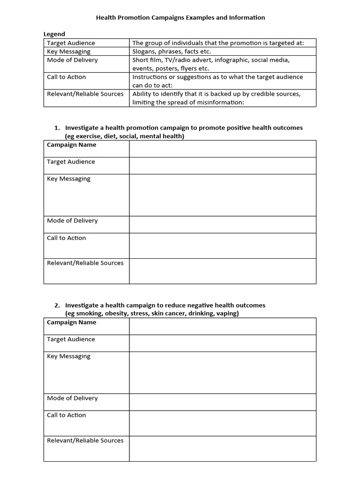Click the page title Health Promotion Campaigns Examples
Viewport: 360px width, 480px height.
point(180,18)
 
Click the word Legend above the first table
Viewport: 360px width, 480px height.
point(54,34)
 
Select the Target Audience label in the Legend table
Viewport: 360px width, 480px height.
point(71,43)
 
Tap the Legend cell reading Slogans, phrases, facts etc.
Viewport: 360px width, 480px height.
point(172,52)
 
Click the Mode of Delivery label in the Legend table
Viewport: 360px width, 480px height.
point(72,60)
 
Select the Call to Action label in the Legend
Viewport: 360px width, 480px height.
point(66,77)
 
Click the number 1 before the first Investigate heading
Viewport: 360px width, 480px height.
point(57,128)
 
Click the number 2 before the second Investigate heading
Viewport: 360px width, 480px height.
point(57,305)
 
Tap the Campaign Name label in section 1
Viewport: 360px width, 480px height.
point(71,145)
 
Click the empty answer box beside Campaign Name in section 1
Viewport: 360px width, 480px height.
point(223,149)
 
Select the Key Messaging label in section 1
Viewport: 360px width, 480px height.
point(68,179)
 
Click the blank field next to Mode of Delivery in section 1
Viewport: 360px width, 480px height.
point(223,225)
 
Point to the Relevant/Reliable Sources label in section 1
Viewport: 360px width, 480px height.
point(85,263)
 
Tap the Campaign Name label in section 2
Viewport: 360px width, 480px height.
point(71,322)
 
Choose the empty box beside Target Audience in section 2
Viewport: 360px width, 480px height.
point(223,343)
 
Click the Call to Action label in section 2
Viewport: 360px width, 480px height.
point(66,415)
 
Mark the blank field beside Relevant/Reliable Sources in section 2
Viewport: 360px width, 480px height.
point(223,449)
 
